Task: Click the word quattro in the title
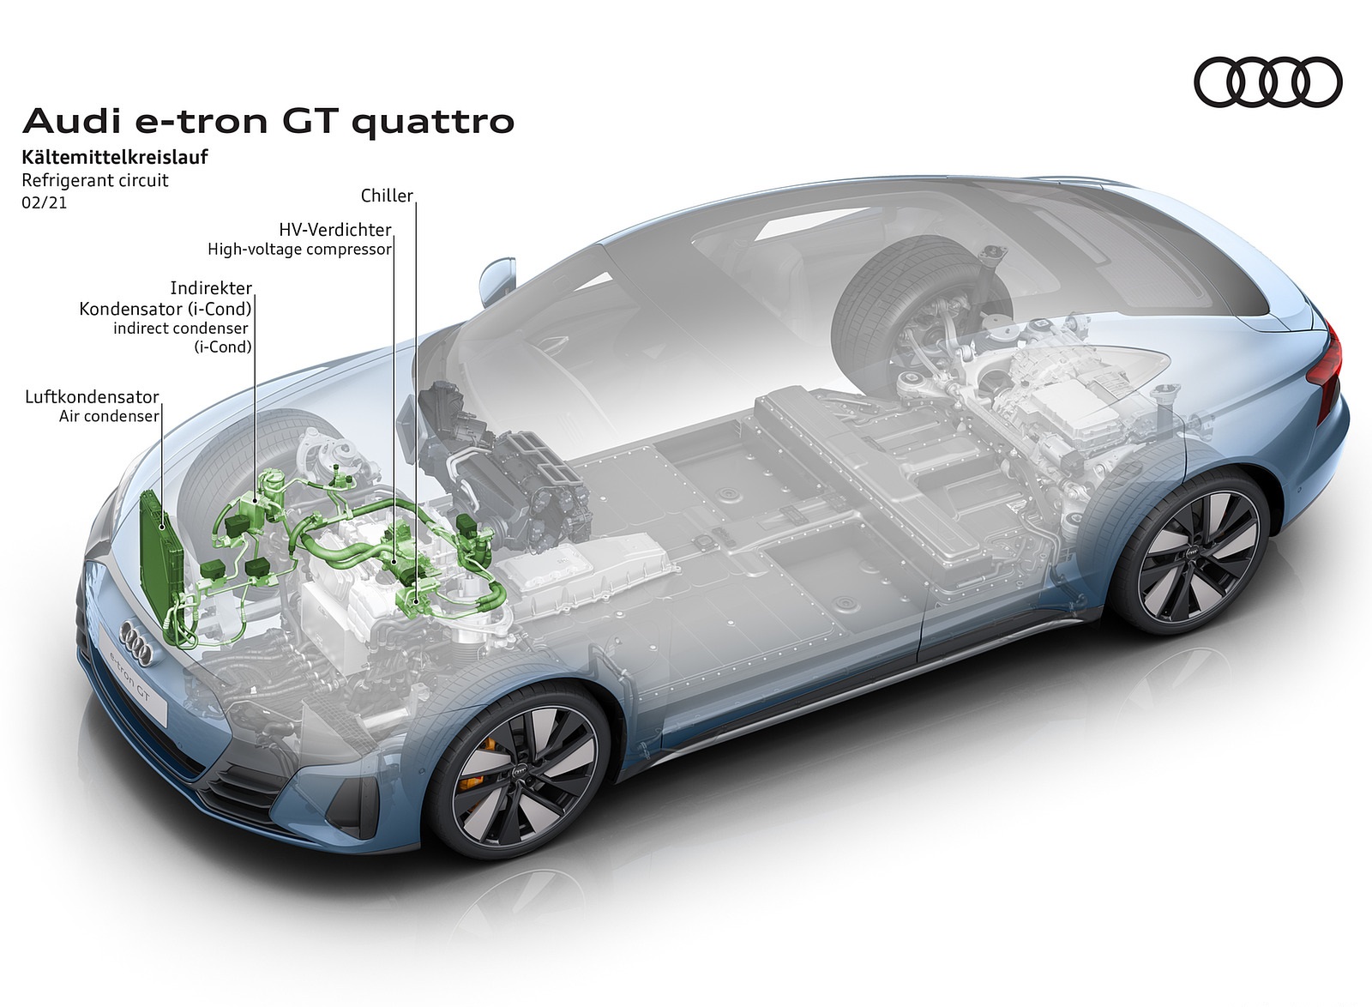pos(432,123)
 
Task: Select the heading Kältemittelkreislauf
pos(115,157)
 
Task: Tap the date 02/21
pos(44,202)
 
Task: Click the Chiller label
pos(387,196)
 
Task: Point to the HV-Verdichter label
pos(335,230)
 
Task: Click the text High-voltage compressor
pos(299,250)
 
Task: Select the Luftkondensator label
pos(92,397)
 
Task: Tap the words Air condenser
pos(109,417)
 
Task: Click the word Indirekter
pos(211,288)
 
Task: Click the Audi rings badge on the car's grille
pos(136,642)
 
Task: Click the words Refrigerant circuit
pos(95,180)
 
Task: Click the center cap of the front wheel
pos(520,772)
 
